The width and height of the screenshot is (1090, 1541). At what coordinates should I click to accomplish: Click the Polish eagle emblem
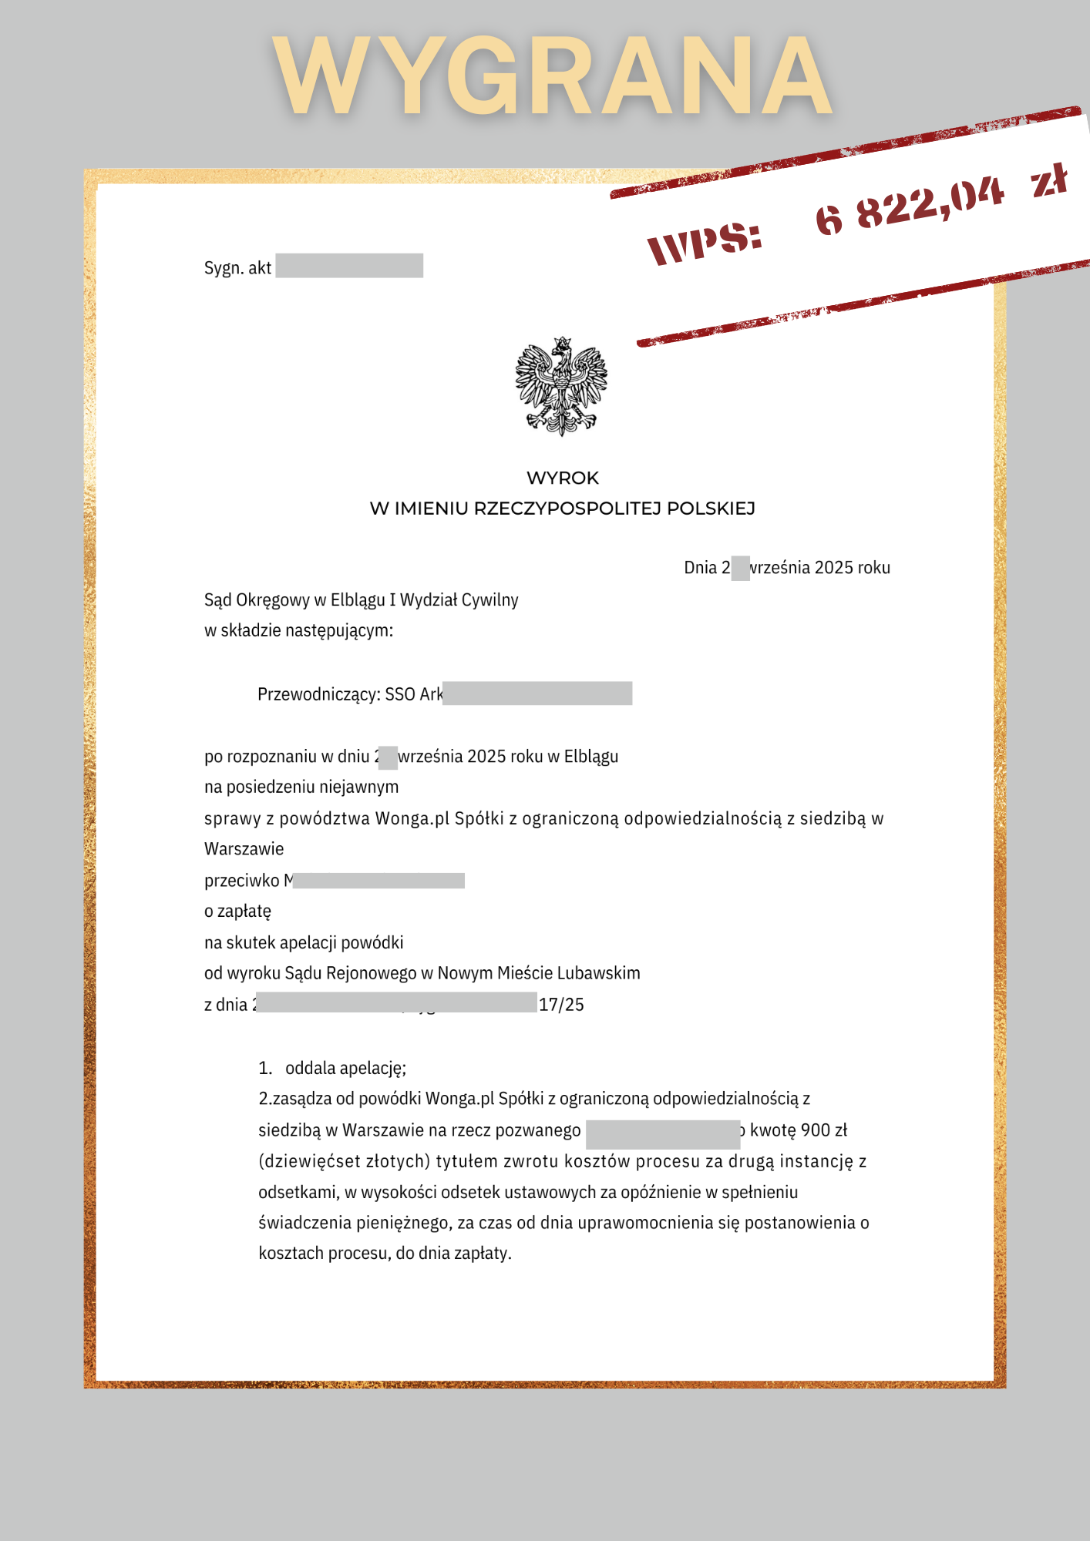pyautogui.click(x=561, y=385)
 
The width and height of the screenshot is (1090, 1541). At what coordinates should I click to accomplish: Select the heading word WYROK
pyautogui.click(x=562, y=478)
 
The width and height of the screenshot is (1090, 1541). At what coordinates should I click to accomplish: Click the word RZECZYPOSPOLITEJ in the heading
pyautogui.click(x=567, y=509)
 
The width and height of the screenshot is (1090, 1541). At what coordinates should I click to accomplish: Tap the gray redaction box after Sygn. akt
pyautogui.click(x=349, y=266)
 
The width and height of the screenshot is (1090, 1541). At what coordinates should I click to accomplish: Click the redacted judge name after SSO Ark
pyautogui.click(x=537, y=693)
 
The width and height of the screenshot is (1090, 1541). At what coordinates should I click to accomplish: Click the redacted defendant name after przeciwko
pyautogui.click(x=378, y=880)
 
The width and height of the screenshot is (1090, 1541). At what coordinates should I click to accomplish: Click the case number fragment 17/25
pyautogui.click(x=561, y=1004)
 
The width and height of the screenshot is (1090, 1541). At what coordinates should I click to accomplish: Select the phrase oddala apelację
pyautogui.click(x=345, y=1068)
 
